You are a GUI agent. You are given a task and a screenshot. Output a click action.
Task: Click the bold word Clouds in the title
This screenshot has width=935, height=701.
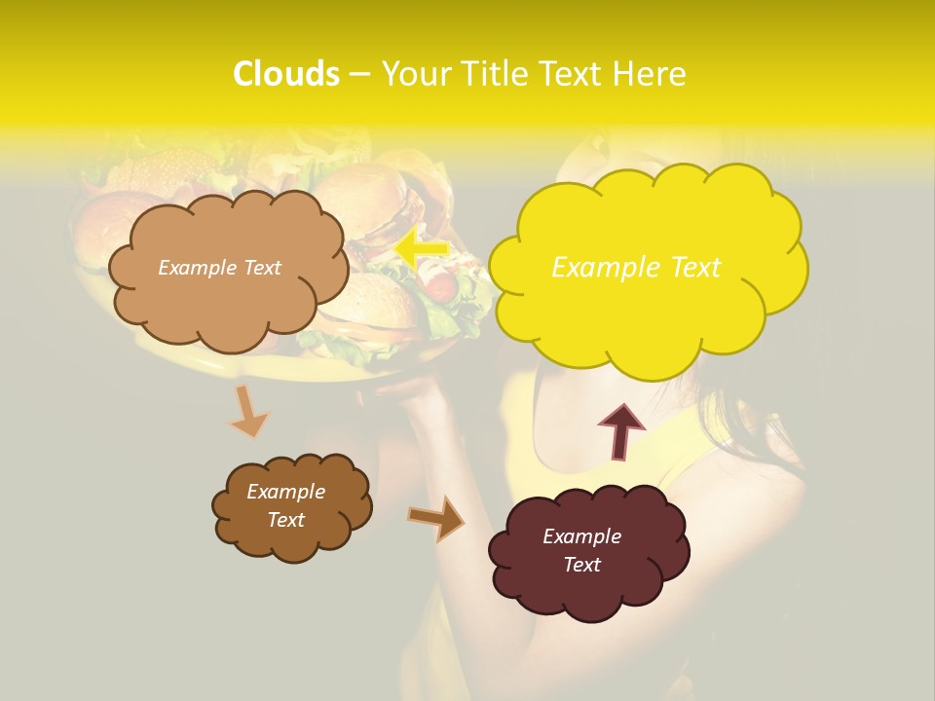click(x=286, y=74)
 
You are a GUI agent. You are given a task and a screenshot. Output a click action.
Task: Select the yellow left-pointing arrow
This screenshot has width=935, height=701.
click(x=423, y=249)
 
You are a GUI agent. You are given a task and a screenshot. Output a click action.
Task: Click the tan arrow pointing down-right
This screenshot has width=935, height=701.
click(x=248, y=411)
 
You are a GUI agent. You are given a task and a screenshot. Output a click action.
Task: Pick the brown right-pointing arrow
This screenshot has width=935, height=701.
click(x=436, y=518)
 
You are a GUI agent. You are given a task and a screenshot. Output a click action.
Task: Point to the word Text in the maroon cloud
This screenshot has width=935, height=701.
click(x=581, y=565)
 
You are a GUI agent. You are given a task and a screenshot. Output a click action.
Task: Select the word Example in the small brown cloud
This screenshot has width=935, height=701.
click(x=285, y=492)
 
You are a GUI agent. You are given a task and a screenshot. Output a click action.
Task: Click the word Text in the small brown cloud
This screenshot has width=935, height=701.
click(x=285, y=520)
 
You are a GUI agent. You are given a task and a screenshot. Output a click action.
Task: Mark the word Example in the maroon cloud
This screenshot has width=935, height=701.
click(x=581, y=536)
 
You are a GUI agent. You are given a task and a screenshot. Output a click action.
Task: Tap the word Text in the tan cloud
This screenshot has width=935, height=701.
click(x=262, y=268)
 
